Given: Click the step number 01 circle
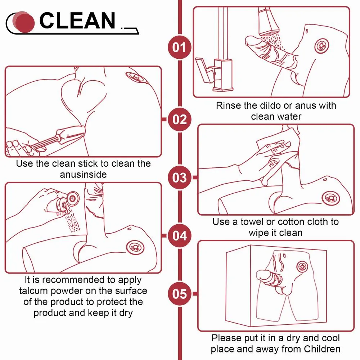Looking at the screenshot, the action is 179,47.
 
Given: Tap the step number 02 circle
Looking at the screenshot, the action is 179,120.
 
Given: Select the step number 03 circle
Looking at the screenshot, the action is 179,178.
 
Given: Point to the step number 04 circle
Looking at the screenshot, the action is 179,236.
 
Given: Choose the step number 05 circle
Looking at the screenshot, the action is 179,294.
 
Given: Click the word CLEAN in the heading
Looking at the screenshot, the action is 77,21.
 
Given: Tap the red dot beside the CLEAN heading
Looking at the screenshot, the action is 25,23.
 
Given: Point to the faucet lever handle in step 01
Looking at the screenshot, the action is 204,70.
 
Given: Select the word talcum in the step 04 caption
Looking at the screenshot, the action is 33,291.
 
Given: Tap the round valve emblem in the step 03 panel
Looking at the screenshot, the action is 331,198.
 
